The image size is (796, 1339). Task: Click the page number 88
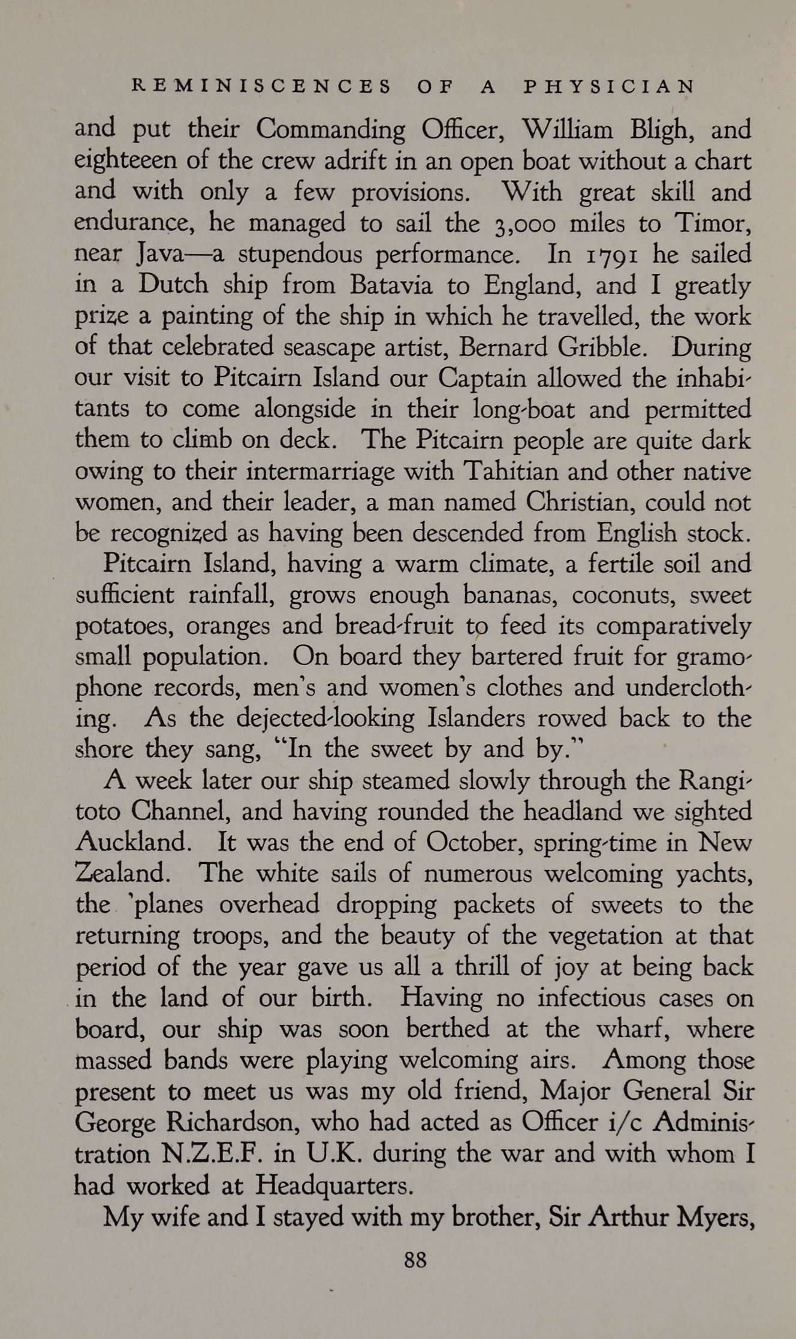pos(415,1259)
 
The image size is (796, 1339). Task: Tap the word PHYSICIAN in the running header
pos(609,86)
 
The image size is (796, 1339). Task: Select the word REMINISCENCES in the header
pos(261,86)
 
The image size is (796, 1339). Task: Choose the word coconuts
pos(625,596)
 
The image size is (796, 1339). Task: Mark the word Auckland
pos(133,842)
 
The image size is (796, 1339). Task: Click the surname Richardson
pos(234,1122)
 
